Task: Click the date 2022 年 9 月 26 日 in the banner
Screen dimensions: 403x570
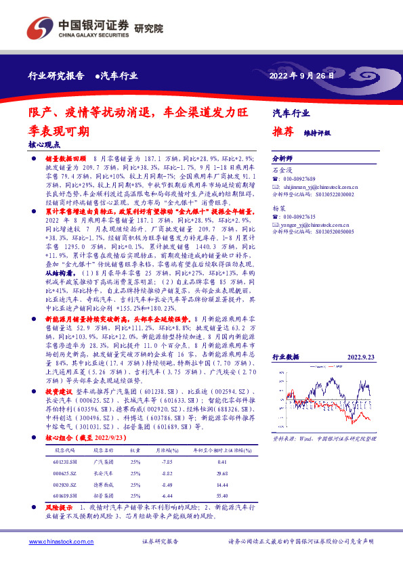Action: [302, 75]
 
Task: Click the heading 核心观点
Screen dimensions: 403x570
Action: [44, 144]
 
